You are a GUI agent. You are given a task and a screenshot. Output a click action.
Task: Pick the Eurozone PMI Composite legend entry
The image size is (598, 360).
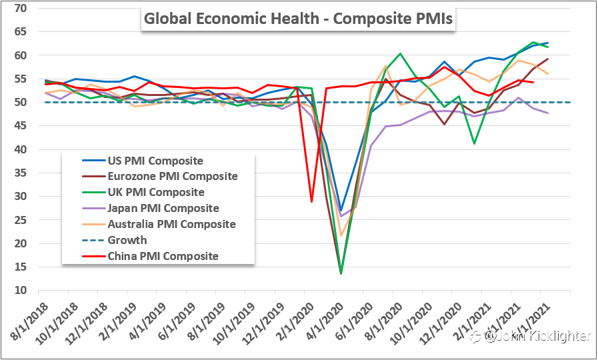(172, 177)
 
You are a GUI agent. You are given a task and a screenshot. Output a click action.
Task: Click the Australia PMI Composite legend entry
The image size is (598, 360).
(171, 225)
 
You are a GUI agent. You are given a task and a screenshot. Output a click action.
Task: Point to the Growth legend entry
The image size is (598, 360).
(127, 240)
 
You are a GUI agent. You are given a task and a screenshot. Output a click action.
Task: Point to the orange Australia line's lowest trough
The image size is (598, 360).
(341, 235)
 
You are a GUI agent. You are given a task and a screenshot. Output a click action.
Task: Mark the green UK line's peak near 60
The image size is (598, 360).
(400, 54)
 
